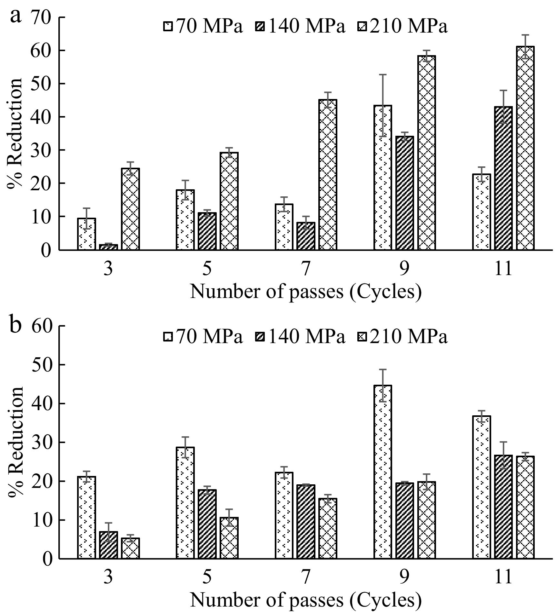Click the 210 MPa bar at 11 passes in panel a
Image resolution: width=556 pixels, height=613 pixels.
tap(525, 148)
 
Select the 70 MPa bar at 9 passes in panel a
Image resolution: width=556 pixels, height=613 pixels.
tap(383, 178)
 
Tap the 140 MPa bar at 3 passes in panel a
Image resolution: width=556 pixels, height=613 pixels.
tap(108, 247)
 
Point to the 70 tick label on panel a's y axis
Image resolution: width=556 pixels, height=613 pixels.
tap(43, 17)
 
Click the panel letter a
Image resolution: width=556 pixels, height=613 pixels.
tap(16, 15)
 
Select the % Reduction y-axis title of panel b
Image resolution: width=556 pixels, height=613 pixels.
tap(15, 442)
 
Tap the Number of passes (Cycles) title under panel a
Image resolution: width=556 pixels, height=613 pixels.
tap(306, 292)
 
